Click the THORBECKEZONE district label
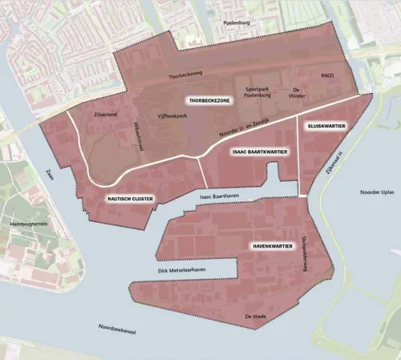(x=209, y=102)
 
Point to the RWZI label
(x=326, y=76)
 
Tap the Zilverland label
(x=106, y=115)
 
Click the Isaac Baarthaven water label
(x=221, y=195)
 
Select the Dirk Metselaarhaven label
(x=183, y=274)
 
